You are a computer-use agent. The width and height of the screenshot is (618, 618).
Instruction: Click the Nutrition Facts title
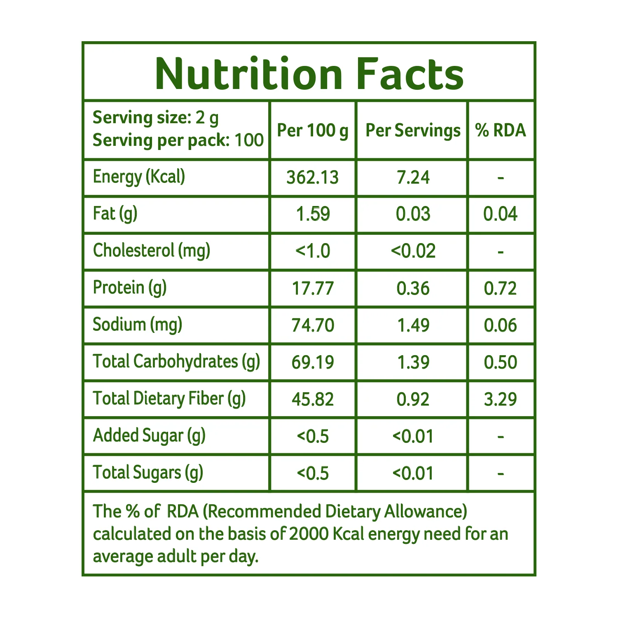[x=309, y=74]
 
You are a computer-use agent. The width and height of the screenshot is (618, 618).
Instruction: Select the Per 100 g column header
[x=313, y=131]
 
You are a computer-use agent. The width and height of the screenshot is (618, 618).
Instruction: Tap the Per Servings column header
[x=413, y=131]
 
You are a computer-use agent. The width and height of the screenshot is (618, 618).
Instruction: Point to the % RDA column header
[x=501, y=130]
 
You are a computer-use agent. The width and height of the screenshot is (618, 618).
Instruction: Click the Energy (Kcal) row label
[x=139, y=177]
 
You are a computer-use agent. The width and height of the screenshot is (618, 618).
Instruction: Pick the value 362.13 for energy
[x=313, y=178]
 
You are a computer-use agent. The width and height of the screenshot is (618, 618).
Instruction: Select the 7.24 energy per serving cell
[x=413, y=178]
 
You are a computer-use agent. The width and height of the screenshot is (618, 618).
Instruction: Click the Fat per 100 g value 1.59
[x=313, y=214]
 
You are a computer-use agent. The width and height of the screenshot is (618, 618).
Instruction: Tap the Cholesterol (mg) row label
[x=152, y=251]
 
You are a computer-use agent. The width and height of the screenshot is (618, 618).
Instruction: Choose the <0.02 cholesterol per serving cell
[x=413, y=251]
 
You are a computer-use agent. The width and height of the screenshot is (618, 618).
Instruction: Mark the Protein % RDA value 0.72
[x=500, y=288]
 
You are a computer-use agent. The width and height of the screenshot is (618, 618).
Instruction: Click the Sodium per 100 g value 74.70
[x=313, y=325]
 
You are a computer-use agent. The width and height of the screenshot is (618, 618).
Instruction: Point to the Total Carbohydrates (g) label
[x=176, y=362]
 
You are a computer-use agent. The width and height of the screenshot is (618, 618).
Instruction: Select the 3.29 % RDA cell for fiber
[x=500, y=399]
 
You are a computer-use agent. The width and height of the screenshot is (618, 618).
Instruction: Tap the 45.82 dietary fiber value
[x=313, y=399]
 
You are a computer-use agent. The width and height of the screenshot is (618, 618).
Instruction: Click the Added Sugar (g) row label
[x=149, y=436]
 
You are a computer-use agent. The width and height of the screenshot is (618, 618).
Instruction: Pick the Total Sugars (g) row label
[x=148, y=473]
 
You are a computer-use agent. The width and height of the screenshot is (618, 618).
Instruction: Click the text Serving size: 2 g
[x=156, y=118]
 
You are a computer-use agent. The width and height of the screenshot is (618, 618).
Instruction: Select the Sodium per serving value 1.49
[x=413, y=325]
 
